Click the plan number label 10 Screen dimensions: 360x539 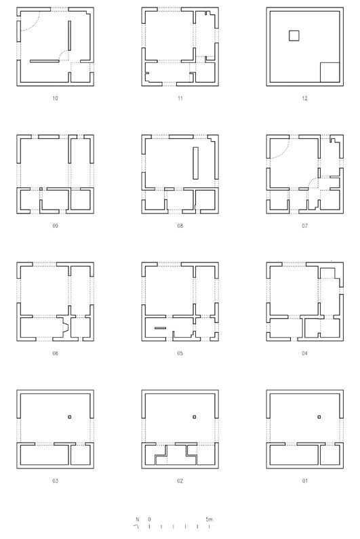(55, 98)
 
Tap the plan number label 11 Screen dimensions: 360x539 (180, 98)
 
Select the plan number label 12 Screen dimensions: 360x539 (304, 98)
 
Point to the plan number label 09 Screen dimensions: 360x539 (55, 226)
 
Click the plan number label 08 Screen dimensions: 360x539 (180, 226)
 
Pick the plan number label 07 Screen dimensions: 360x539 (304, 226)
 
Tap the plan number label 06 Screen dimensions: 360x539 (55, 353)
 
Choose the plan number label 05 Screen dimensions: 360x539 (180, 353)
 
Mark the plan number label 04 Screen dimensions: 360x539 (304, 353)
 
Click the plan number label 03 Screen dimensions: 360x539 (55, 481)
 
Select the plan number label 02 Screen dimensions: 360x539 (180, 481)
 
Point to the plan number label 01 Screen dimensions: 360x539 (304, 481)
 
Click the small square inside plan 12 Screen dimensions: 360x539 (294, 36)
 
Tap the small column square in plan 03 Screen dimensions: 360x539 (69, 417)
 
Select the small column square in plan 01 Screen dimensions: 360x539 (319, 417)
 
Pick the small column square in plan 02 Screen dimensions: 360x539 (195, 417)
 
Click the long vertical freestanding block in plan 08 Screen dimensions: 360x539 (196, 163)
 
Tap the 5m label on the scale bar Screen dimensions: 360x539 (209, 519)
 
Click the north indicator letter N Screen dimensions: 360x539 (137, 519)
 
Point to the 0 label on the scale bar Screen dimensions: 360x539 (149, 519)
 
